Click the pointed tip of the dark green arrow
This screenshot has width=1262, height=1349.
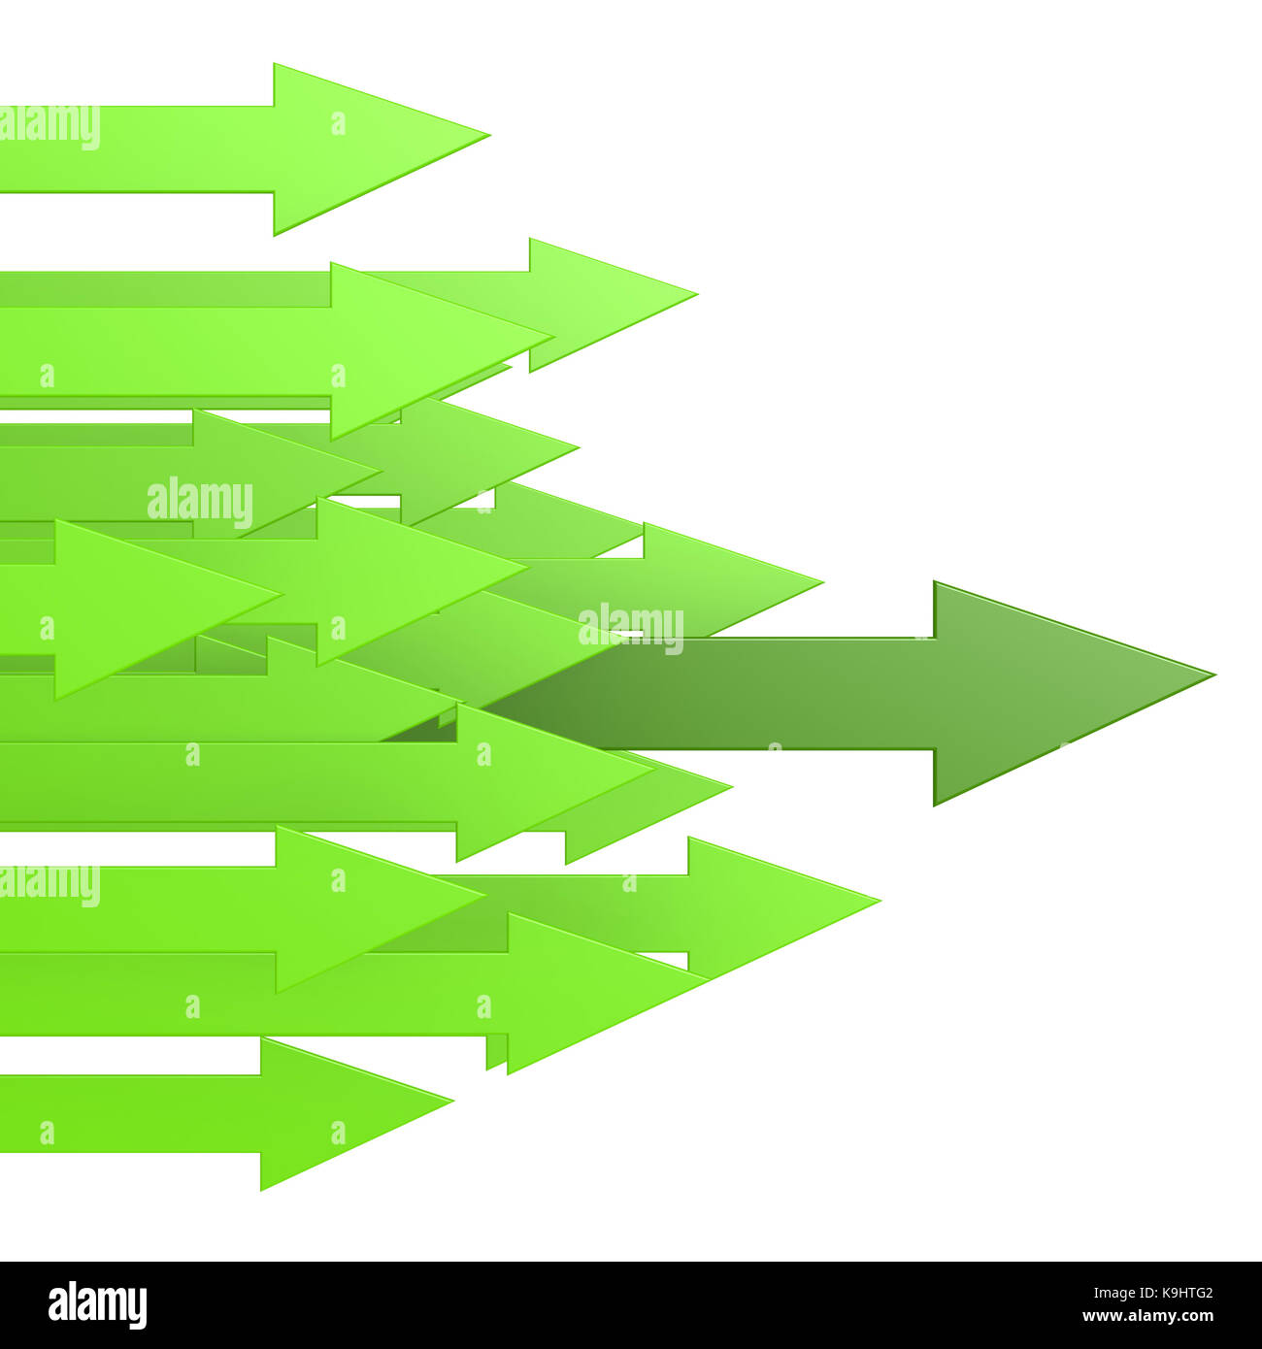(x=1215, y=674)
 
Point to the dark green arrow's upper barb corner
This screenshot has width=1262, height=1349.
(x=935, y=582)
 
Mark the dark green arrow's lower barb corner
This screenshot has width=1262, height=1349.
(x=935, y=806)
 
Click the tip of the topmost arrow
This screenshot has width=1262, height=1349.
(x=490, y=135)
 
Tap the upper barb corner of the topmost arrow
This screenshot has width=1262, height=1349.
(x=275, y=64)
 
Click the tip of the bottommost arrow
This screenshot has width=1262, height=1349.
(x=453, y=1101)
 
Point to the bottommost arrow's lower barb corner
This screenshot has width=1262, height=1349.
(x=262, y=1190)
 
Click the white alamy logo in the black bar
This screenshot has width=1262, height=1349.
(x=97, y=1305)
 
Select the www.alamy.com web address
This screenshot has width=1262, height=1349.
(x=1147, y=1316)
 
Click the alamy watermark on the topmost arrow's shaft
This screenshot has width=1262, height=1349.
(x=50, y=127)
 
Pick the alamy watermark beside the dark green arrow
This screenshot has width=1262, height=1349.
(x=631, y=629)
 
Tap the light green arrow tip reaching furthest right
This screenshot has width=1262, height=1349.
(x=880, y=901)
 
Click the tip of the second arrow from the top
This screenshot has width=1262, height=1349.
(x=698, y=293)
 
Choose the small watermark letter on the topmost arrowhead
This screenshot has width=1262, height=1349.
(x=338, y=123)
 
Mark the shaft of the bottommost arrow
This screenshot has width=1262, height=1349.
(x=130, y=1114)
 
